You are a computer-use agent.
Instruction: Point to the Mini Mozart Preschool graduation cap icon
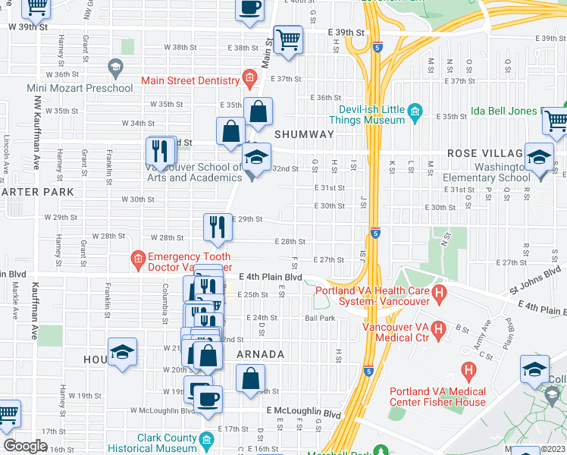coord(115,68)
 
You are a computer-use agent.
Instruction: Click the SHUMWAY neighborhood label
coord(304,134)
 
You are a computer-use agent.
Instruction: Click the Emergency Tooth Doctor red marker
coord(137,260)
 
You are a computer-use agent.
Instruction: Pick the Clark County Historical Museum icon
coord(206,440)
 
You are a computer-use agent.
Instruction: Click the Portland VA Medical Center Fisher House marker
coord(469,372)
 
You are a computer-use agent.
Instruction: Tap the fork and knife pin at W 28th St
coord(218,227)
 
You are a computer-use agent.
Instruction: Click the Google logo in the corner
coord(25,446)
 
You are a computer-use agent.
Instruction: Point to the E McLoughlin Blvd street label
coord(303,414)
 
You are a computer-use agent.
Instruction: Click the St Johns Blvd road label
coord(537,278)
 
